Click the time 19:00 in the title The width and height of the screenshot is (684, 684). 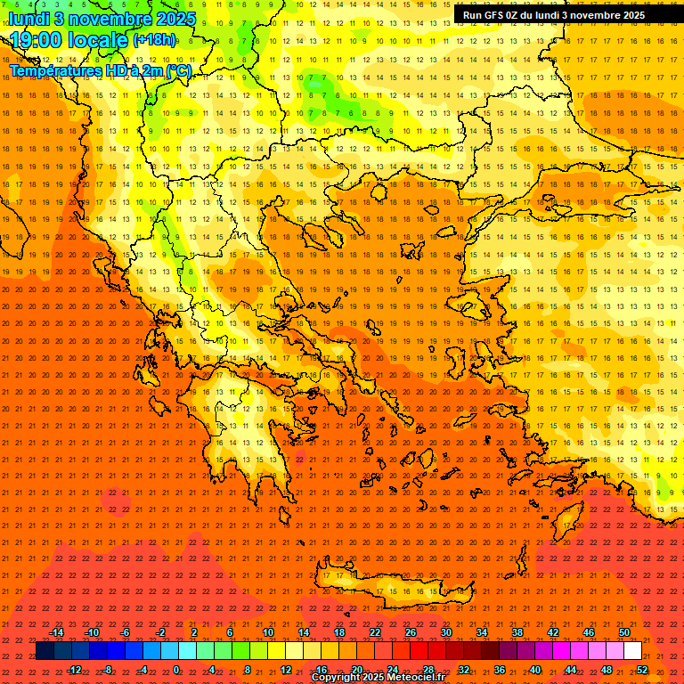click(39, 40)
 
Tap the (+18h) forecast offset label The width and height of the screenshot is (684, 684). click(154, 40)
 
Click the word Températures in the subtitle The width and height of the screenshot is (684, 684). click(53, 69)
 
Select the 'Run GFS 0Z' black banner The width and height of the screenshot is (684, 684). click(554, 15)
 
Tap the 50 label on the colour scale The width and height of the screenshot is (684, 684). click(623, 632)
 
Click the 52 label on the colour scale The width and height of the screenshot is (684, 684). click(641, 669)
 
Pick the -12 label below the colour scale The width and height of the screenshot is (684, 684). click(74, 669)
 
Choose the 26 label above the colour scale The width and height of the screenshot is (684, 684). click(411, 632)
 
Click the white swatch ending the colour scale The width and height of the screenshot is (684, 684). click(632, 651)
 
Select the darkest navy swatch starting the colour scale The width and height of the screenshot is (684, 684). click(45, 651)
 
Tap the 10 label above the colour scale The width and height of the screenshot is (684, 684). click(268, 632)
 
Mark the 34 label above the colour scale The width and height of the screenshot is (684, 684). click(482, 632)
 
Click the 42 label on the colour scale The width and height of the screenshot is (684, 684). click(553, 632)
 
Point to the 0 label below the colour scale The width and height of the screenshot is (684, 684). click(176, 669)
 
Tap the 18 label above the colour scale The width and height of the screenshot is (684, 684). click(339, 632)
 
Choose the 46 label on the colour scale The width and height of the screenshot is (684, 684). click(588, 632)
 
